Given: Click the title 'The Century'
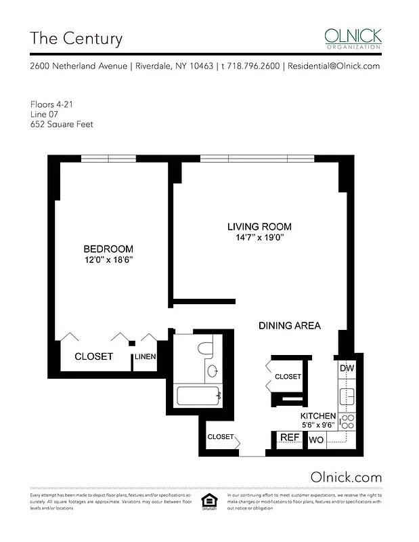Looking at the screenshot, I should click(76, 38).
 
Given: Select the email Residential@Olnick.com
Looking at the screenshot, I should click(333, 66).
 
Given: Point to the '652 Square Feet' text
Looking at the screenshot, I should click(62, 124).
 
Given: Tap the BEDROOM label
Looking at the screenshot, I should click(108, 249).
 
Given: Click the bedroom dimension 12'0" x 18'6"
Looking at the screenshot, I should click(108, 260).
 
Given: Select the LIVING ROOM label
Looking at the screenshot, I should click(259, 226).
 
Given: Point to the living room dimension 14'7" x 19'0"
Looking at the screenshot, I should click(259, 238).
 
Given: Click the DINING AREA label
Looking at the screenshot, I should click(290, 326).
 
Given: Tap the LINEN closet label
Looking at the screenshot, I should click(146, 357).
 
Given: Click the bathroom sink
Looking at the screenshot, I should click(212, 371).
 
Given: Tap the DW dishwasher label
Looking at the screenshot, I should click(347, 368).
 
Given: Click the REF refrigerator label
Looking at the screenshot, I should click(290, 438).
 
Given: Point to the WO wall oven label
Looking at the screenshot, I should click(316, 440).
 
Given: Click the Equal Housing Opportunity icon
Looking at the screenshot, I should click(209, 502).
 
